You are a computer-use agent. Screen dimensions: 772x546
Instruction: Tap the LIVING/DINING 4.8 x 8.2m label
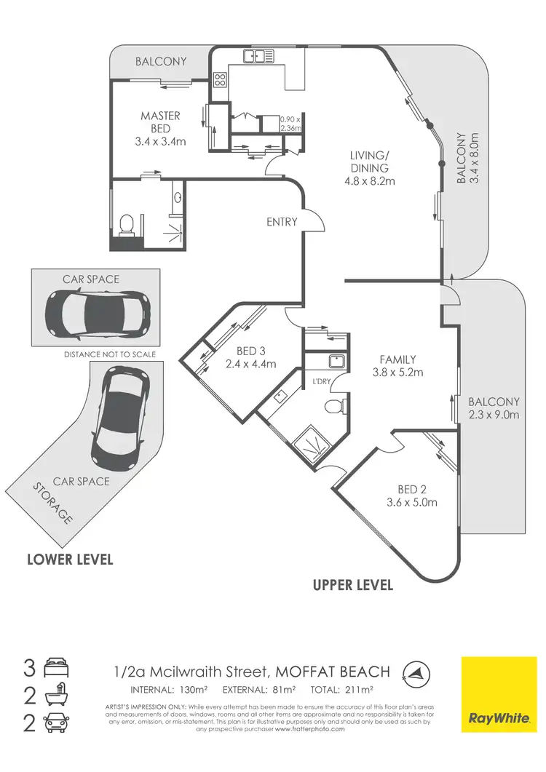tap(369, 167)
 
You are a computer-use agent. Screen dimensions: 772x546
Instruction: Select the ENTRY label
tap(282, 221)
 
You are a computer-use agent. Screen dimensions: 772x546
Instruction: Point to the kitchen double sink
tap(258, 55)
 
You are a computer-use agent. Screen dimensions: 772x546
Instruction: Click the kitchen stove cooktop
tap(221, 81)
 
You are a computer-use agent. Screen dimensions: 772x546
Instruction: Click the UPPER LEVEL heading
tap(352, 585)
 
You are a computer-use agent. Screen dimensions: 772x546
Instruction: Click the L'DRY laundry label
tap(322, 382)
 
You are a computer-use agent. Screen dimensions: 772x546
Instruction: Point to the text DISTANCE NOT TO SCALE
tap(109, 354)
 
